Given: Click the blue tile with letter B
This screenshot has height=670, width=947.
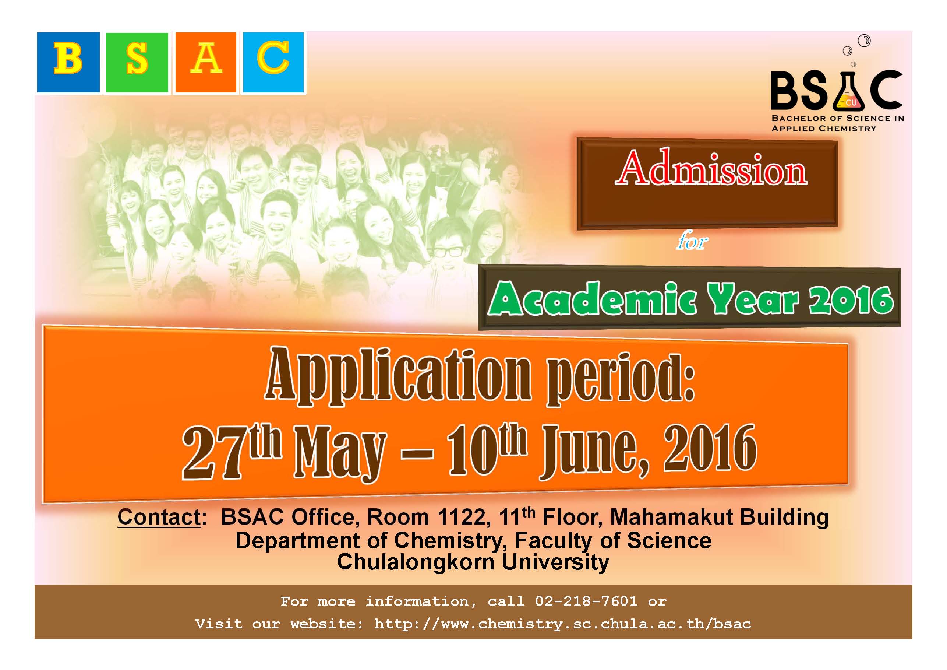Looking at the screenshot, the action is pyautogui.click(x=68, y=62).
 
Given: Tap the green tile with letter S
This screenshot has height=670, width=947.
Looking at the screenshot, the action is pyautogui.click(x=137, y=62).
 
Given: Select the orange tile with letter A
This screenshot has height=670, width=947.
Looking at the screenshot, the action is pyautogui.click(x=206, y=62).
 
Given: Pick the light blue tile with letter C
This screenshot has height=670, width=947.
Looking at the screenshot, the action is pyautogui.click(x=273, y=62).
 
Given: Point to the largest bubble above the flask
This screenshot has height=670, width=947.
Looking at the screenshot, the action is pyautogui.click(x=864, y=41).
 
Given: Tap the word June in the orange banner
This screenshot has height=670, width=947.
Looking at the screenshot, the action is pyautogui.click(x=594, y=452).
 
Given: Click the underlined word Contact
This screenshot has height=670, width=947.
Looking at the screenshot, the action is pyautogui.click(x=159, y=517).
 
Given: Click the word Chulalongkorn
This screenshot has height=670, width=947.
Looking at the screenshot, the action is pyautogui.click(x=417, y=562).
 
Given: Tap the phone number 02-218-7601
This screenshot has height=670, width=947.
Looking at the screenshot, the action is pyautogui.click(x=586, y=601).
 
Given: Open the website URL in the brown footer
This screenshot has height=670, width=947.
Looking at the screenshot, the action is pyautogui.click(x=563, y=624).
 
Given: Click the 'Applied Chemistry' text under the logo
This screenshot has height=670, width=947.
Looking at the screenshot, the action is pyautogui.click(x=824, y=129).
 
